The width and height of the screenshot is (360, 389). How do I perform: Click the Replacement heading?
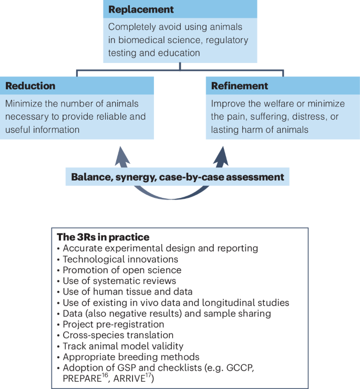click(141, 9)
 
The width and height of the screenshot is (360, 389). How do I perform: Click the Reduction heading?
click(30, 86)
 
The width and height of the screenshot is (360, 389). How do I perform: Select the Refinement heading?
click(240, 86)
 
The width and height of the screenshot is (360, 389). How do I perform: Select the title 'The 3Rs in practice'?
click(102, 237)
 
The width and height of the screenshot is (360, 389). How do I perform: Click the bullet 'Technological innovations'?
click(120, 259)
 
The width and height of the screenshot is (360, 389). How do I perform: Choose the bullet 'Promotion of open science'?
click(122, 270)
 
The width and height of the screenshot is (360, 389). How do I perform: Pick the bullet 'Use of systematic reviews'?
click(119, 281)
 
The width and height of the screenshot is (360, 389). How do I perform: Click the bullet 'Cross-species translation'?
click(118, 335)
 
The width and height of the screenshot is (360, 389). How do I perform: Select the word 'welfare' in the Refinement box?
click(270, 103)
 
